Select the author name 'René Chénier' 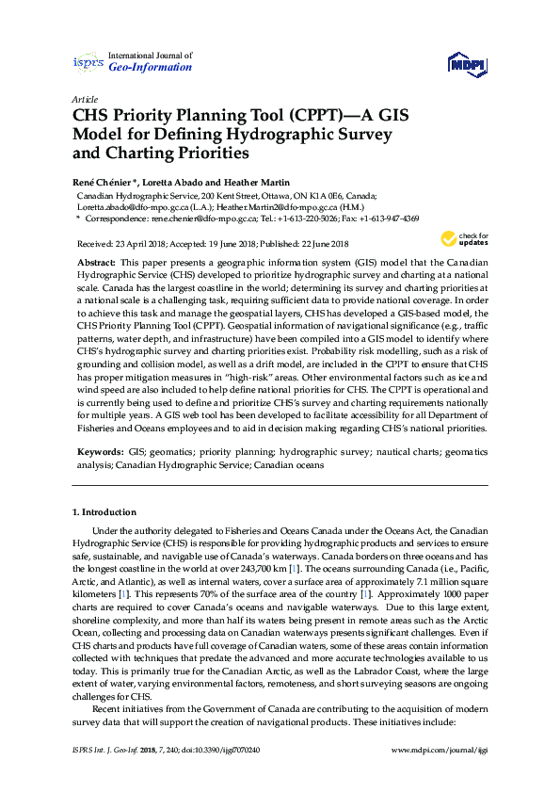click(104, 182)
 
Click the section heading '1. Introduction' click(104, 512)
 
